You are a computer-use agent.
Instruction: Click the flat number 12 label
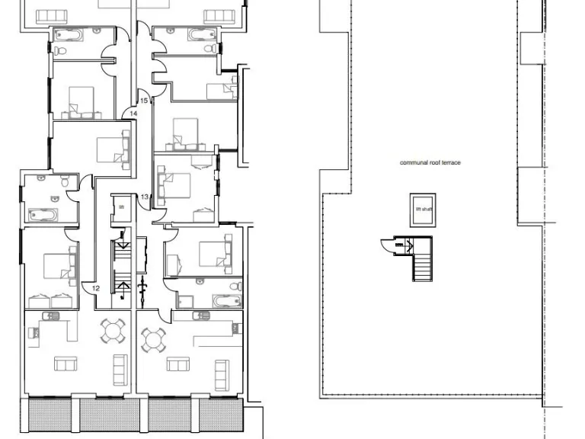click(x=96, y=288)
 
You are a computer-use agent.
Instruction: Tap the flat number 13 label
click(x=144, y=197)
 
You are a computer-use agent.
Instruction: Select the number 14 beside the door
click(x=133, y=114)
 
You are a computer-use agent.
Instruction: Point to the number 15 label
click(x=142, y=100)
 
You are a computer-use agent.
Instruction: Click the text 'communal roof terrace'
click(x=430, y=162)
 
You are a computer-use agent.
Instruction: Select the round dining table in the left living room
click(x=113, y=332)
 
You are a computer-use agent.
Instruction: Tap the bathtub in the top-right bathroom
click(x=202, y=35)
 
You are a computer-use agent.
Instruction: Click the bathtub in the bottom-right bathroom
click(x=225, y=300)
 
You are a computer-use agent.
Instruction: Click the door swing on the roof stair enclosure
click(x=388, y=245)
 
